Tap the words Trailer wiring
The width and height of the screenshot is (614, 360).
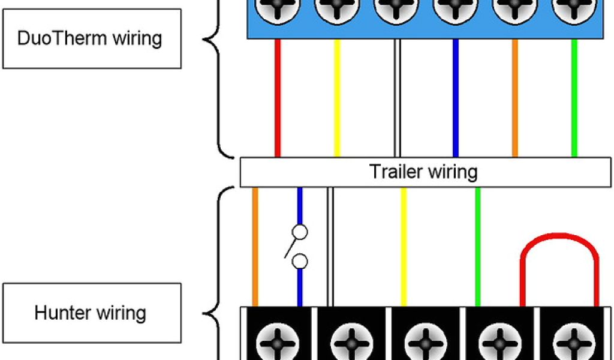click(x=423, y=172)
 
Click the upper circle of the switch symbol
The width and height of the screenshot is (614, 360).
click(x=300, y=232)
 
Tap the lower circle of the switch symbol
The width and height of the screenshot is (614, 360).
click(x=300, y=262)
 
